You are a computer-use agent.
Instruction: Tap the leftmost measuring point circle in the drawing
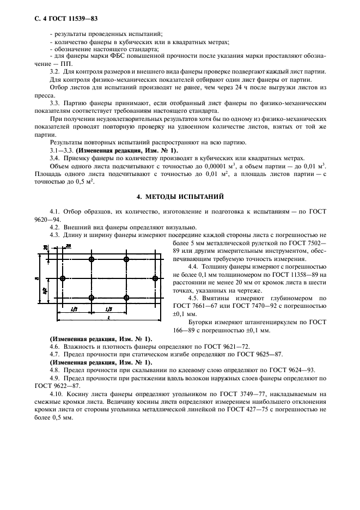(x=63, y=278)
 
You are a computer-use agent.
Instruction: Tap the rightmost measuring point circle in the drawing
(x=156, y=278)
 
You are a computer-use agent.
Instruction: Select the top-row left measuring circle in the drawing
(x=91, y=259)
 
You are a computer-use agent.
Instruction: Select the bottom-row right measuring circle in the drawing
(x=126, y=297)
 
